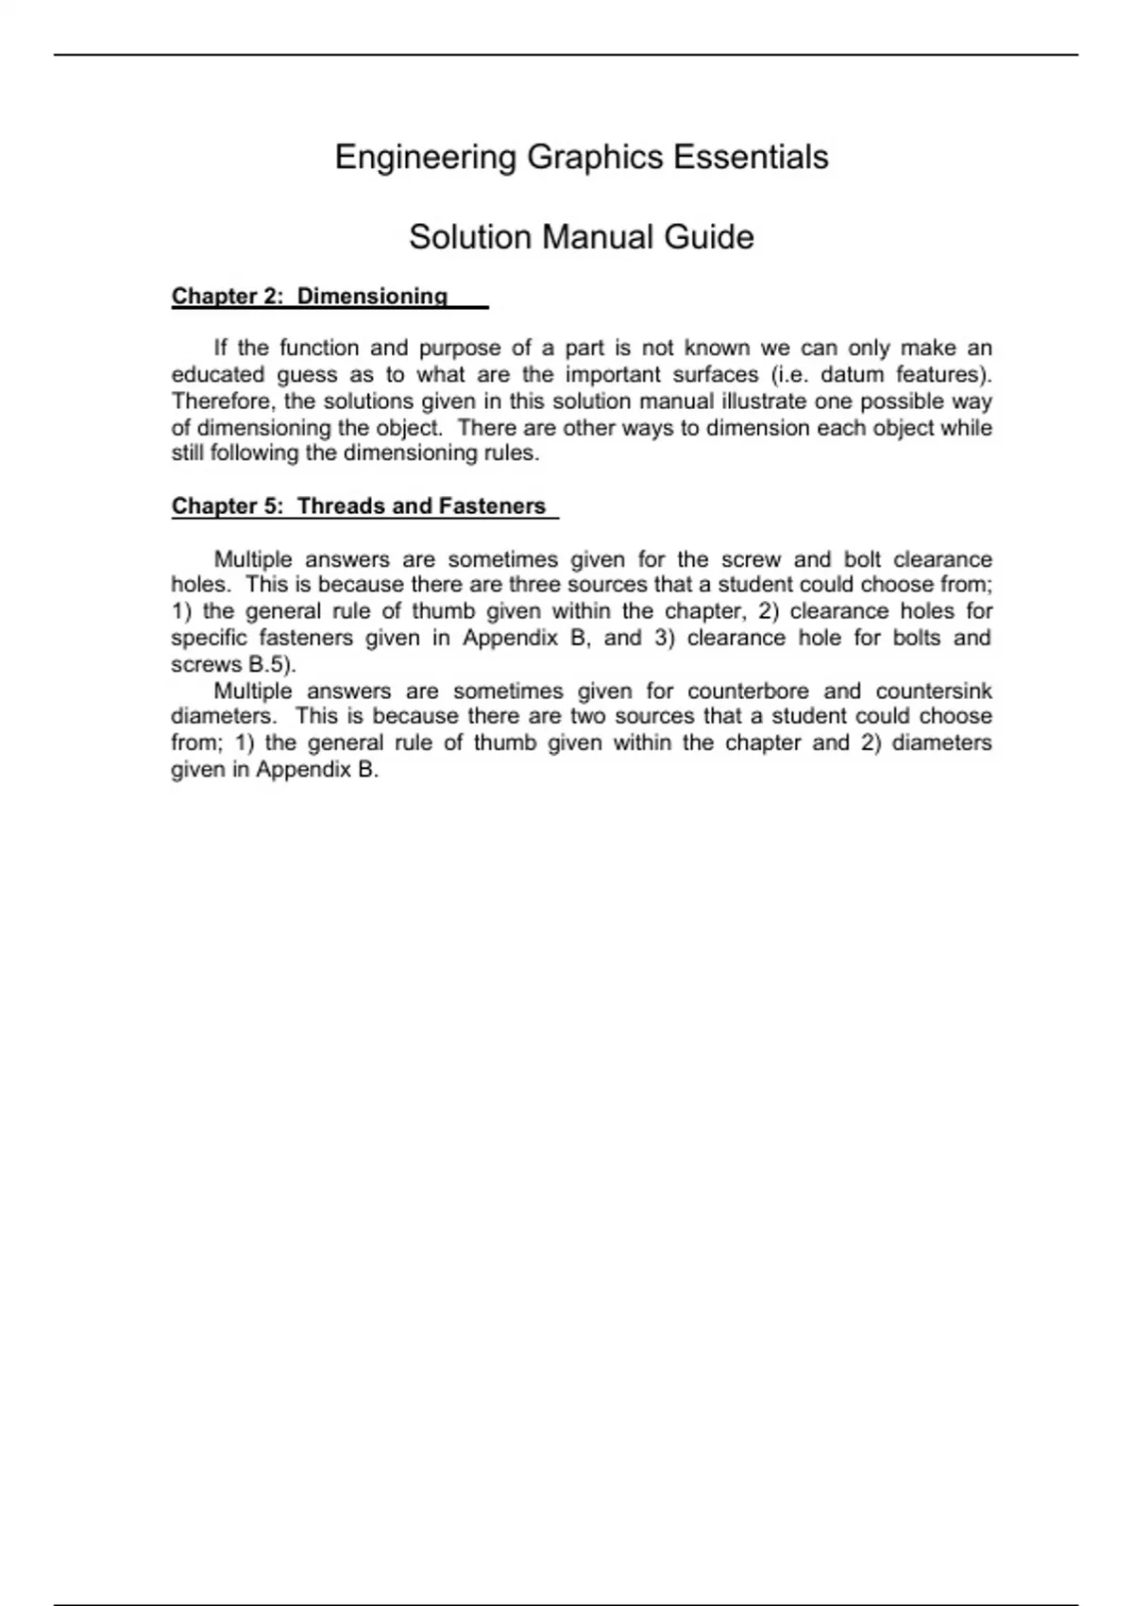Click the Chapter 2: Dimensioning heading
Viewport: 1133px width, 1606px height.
[x=310, y=297]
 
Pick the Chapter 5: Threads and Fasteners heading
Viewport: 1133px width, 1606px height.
[x=359, y=506]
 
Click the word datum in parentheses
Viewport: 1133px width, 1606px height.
[x=852, y=375]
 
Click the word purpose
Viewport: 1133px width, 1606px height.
[x=460, y=349]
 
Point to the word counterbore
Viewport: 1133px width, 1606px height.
[x=748, y=691]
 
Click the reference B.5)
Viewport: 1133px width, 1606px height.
[x=272, y=664]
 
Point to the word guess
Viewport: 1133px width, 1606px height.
[x=307, y=375]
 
